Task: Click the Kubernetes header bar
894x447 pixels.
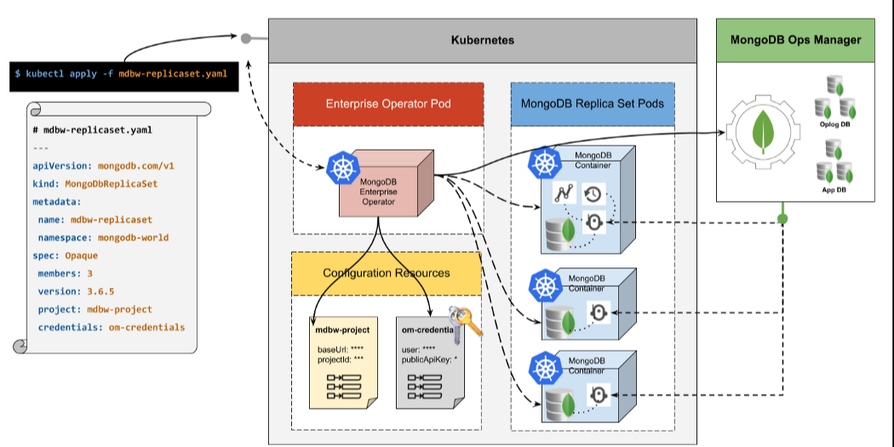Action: (482, 41)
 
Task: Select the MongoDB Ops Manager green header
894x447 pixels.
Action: (795, 40)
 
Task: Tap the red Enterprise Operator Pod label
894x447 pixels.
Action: (388, 104)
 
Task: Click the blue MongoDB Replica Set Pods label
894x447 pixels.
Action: (592, 104)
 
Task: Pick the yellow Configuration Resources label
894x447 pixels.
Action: (386, 273)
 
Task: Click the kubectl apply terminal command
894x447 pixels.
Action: (120, 75)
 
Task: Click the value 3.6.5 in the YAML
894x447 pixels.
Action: (101, 290)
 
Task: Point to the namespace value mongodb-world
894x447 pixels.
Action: (131, 238)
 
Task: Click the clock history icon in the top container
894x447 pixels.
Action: (593, 194)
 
